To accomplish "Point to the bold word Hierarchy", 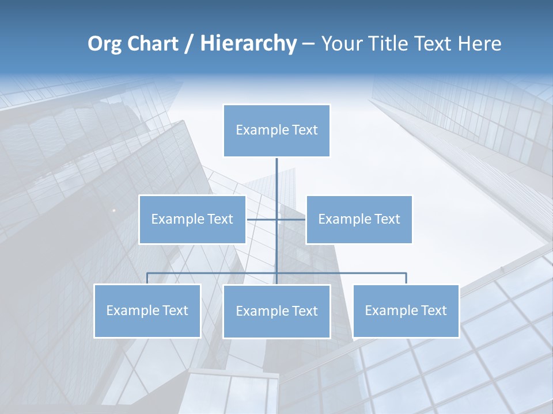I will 248,44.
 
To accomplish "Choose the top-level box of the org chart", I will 276,131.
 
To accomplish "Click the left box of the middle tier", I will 192,219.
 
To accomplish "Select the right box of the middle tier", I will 359,219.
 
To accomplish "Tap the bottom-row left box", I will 147,310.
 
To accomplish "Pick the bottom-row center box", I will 276,311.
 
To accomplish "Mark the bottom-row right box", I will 406,310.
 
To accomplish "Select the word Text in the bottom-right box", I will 433,310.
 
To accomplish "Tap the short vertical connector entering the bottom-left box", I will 147,279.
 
